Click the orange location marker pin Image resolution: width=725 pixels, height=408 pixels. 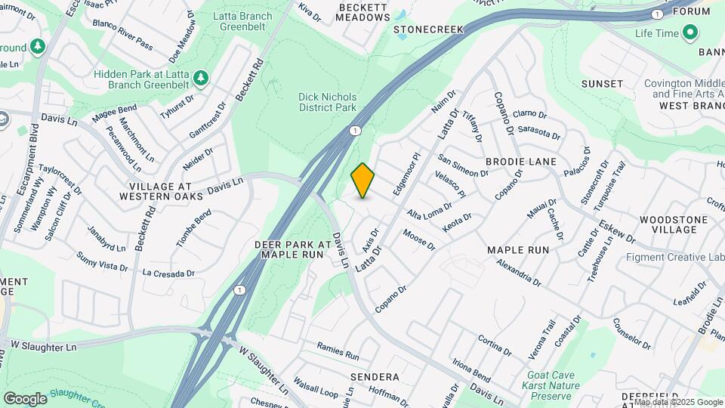(x=363, y=181)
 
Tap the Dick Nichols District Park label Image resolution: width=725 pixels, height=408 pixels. (x=326, y=103)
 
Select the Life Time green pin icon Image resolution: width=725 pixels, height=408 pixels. (x=689, y=33)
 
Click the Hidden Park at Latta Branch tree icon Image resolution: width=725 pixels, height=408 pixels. (x=200, y=77)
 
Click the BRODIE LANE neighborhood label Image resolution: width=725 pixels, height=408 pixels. (x=520, y=162)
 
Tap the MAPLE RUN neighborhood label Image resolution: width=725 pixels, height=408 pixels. (x=517, y=249)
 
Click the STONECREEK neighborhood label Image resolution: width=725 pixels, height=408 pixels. (x=428, y=29)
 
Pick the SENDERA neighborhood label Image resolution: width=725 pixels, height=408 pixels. (x=375, y=376)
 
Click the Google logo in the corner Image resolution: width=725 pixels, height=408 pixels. (x=25, y=398)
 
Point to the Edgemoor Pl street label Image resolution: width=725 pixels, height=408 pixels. (x=406, y=175)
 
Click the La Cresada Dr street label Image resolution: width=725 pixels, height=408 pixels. (x=169, y=273)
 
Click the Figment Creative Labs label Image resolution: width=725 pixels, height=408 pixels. (x=675, y=257)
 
